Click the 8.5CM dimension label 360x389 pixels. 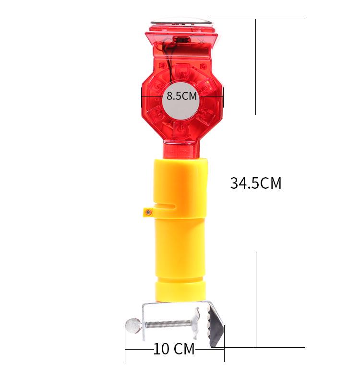pos(182,96)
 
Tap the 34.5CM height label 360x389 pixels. pos(255,183)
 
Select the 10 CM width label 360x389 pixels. pos(174,349)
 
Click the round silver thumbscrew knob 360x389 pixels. pos(133,325)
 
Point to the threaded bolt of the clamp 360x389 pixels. pos(168,324)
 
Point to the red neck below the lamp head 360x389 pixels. pos(181,150)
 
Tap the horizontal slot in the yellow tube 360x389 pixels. pos(164,207)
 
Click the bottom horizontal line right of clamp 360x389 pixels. pos(264,347)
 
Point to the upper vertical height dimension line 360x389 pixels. pos(256,67)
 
